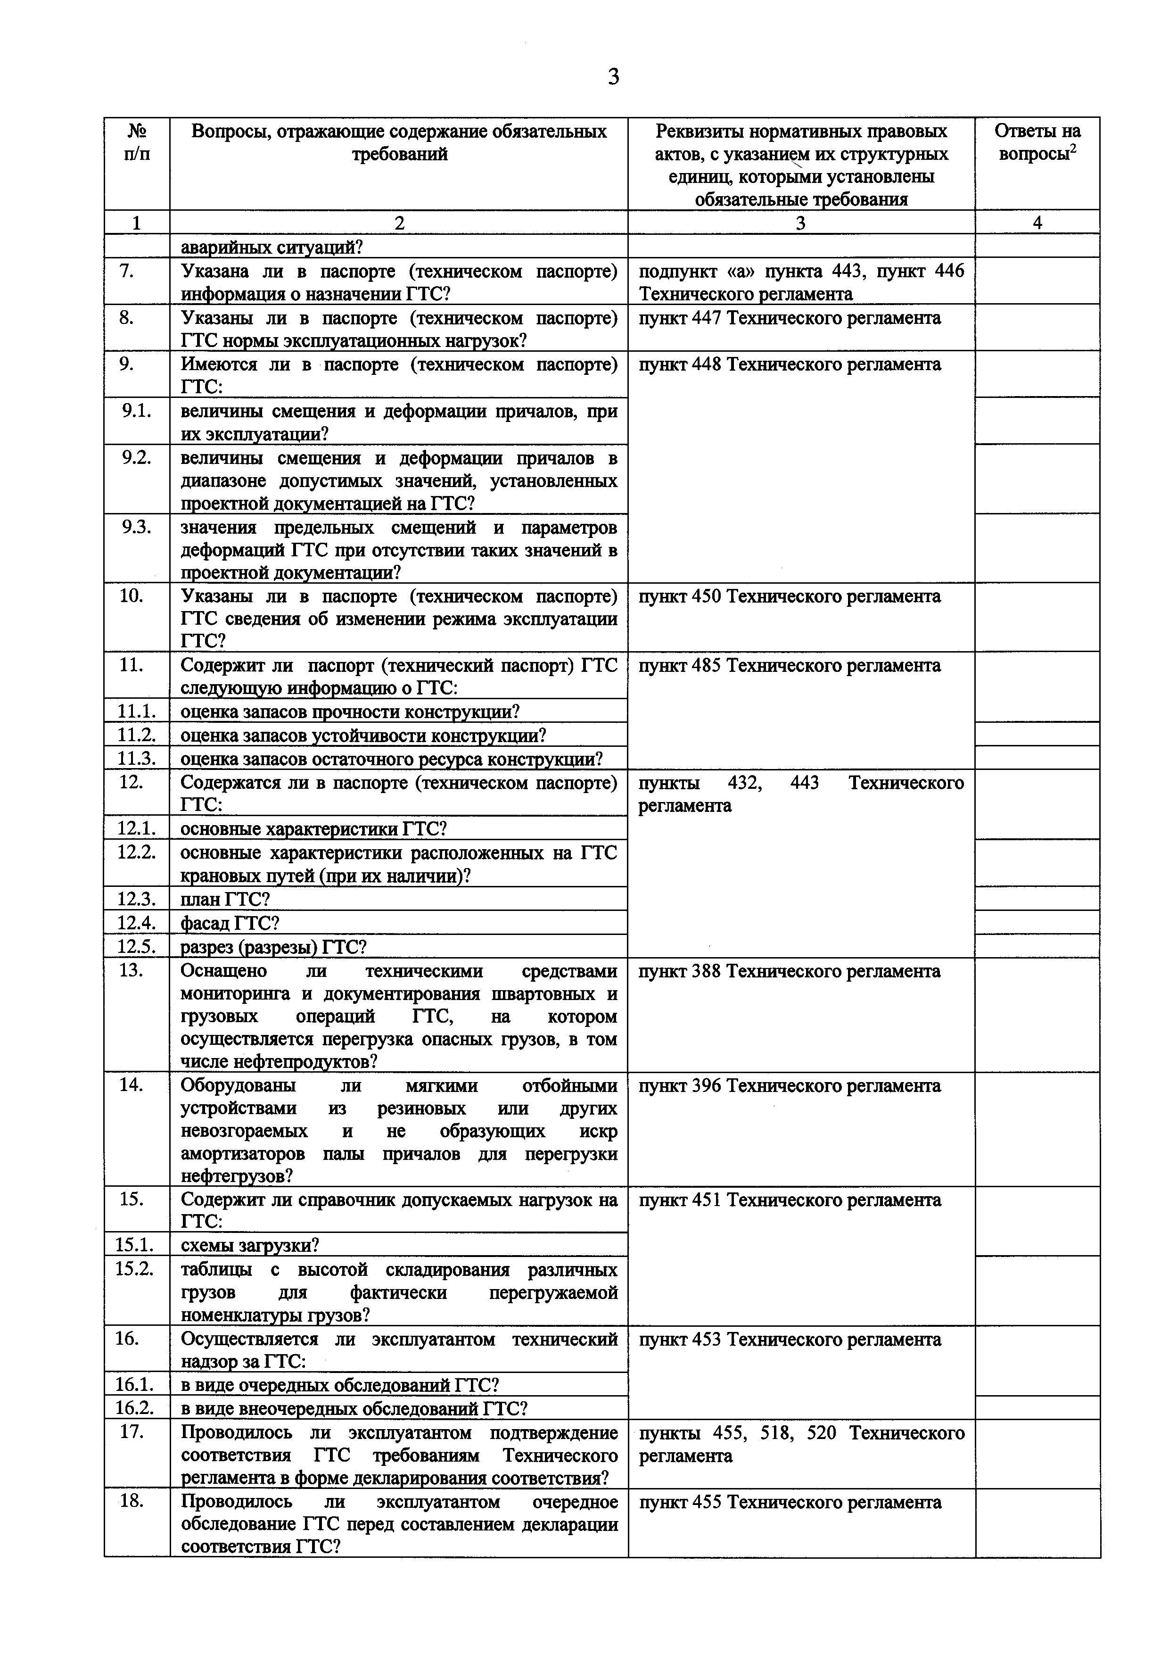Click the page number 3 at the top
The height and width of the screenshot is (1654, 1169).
click(613, 76)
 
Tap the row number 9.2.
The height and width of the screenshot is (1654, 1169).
click(136, 458)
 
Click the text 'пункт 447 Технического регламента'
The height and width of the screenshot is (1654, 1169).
click(790, 318)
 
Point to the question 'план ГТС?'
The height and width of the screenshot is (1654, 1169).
click(225, 900)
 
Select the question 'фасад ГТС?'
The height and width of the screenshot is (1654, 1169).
click(229, 924)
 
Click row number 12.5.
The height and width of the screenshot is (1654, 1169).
click(136, 947)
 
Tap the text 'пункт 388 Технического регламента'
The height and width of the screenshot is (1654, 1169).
click(790, 971)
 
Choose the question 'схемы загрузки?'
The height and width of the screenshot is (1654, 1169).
click(249, 1246)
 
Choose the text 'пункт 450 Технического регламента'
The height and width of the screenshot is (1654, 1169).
click(790, 596)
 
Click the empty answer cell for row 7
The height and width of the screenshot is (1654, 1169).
click(1037, 281)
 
